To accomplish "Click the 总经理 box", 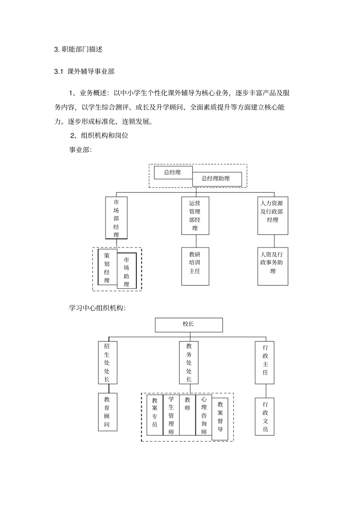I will pos(173,172).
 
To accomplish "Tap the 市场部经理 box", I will pos(116,218).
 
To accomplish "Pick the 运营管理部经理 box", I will pos(195,216).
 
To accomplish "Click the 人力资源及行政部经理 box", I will pos(272,215).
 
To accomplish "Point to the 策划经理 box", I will pos(107,267).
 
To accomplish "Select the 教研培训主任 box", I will pos(195,267).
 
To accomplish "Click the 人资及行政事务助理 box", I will pos(272,267).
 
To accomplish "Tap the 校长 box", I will pos(189,325).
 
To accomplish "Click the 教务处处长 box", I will pos(189,362).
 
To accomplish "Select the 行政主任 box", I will pos(265,362).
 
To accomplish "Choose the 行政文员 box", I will pos(265,416).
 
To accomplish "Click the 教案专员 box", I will pos(155,415).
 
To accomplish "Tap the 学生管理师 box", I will pos(171,415).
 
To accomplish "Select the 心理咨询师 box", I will pos(204,415).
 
